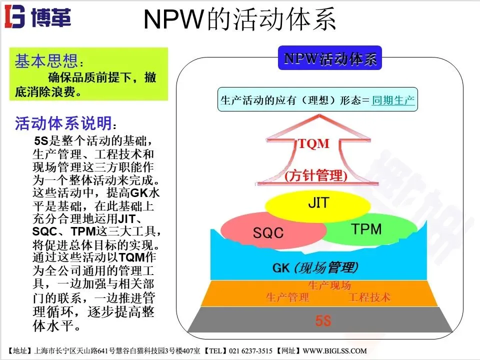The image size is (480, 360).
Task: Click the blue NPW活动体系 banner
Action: [x=329, y=58]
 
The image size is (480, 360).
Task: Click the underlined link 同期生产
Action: [x=393, y=100]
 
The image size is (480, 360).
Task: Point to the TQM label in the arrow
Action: [x=314, y=144]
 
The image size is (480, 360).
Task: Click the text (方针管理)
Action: [x=315, y=175]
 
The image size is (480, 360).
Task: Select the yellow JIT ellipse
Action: [x=318, y=204]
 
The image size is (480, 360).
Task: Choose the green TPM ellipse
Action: [x=366, y=229]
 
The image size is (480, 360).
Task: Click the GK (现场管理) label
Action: [x=315, y=267]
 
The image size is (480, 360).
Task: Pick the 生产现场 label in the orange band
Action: [x=329, y=285]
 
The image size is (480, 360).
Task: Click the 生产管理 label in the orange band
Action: [x=287, y=297]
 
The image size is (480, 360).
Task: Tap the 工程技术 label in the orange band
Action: [x=369, y=297]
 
